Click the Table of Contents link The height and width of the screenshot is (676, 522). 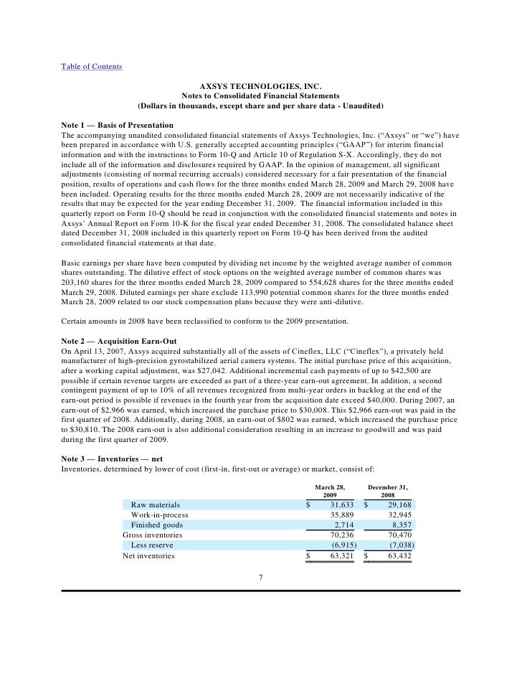pos(92,67)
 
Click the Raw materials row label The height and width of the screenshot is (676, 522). pos(156,505)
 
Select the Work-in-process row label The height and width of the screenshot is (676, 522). pos(160,515)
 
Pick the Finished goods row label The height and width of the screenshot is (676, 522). pos(157,525)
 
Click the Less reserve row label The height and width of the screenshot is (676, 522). pos(153,545)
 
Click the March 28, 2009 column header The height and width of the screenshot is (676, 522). pos(330,491)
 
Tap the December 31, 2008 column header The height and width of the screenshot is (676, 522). pos(387,491)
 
